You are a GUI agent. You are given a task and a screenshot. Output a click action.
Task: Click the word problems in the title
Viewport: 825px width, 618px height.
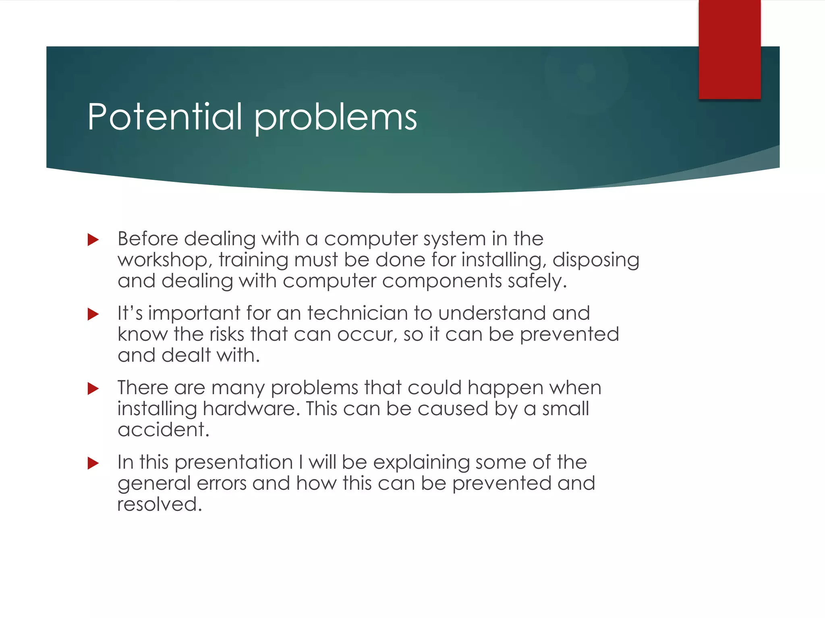pos(336,118)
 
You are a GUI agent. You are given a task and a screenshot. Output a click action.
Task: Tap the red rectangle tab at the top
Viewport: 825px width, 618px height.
pos(729,49)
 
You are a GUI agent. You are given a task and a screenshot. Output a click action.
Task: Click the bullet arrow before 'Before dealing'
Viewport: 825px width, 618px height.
pos(93,240)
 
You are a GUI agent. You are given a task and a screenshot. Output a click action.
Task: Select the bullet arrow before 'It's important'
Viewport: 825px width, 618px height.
pos(93,314)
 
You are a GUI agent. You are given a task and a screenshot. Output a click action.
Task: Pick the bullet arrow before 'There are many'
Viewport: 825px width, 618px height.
pos(93,389)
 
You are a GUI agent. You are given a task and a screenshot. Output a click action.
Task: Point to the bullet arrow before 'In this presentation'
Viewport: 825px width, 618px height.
pos(93,463)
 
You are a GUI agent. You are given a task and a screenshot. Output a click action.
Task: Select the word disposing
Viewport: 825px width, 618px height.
pos(596,260)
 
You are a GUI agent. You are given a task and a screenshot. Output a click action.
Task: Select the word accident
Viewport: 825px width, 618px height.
pos(163,430)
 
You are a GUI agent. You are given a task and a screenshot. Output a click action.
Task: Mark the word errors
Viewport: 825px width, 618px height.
pos(221,483)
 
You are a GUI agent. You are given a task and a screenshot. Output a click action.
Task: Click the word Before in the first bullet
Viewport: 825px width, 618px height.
pos(147,239)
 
